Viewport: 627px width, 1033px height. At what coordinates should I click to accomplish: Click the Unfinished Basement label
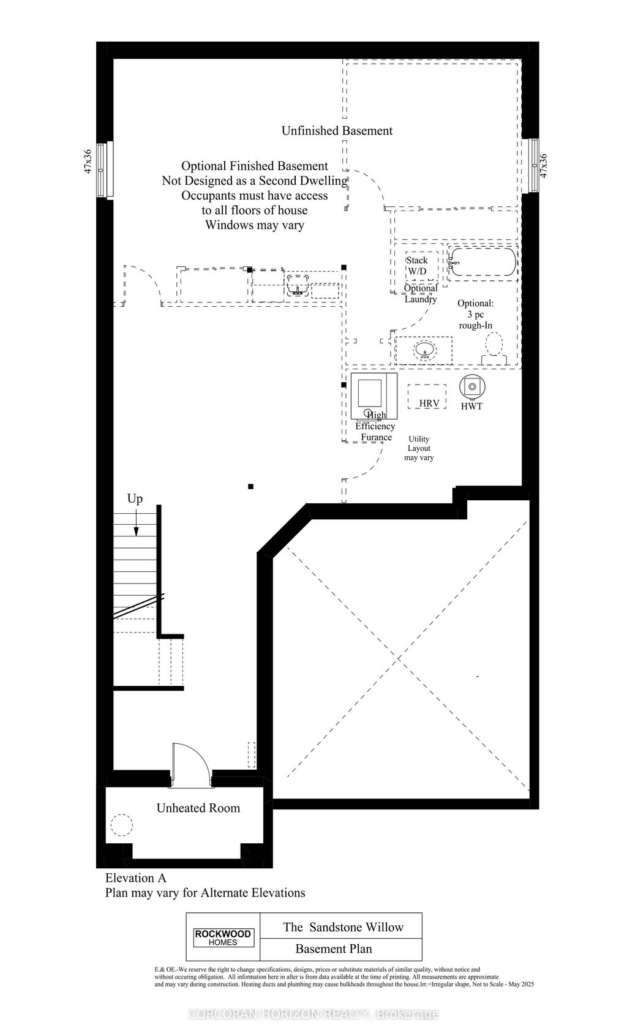[x=337, y=130]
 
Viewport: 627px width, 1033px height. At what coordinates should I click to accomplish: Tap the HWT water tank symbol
[x=471, y=386]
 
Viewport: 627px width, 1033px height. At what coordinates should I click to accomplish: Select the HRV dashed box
[x=427, y=397]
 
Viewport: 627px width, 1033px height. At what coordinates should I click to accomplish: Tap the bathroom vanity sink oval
[x=424, y=351]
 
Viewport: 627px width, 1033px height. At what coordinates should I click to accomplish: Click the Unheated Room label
[x=198, y=808]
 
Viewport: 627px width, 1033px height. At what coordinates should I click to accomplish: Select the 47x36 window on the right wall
[x=534, y=166]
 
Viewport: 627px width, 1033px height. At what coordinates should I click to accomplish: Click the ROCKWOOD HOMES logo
[x=223, y=937]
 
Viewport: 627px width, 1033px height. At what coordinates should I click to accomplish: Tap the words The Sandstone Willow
[x=343, y=926]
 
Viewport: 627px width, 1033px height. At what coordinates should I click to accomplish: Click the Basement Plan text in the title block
[x=333, y=949]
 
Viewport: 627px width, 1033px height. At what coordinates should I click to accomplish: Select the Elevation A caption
[x=135, y=878]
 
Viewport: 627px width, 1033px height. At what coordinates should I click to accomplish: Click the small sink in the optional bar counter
[x=298, y=285]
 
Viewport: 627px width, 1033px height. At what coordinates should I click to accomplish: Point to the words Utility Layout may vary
[x=419, y=448]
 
